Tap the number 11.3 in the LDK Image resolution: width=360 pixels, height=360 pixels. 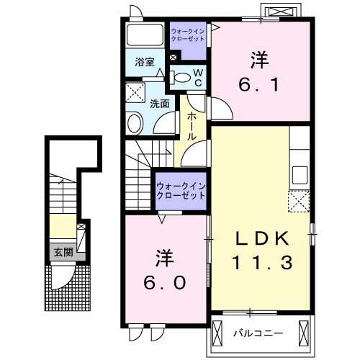(261, 264)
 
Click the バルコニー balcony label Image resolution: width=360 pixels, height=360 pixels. (258, 333)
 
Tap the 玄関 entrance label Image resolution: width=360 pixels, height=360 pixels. (63, 252)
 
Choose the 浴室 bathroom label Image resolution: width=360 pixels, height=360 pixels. (145, 62)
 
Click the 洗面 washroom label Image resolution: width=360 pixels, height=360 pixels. (160, 104)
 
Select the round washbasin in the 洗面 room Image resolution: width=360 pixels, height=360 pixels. (135, 124)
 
